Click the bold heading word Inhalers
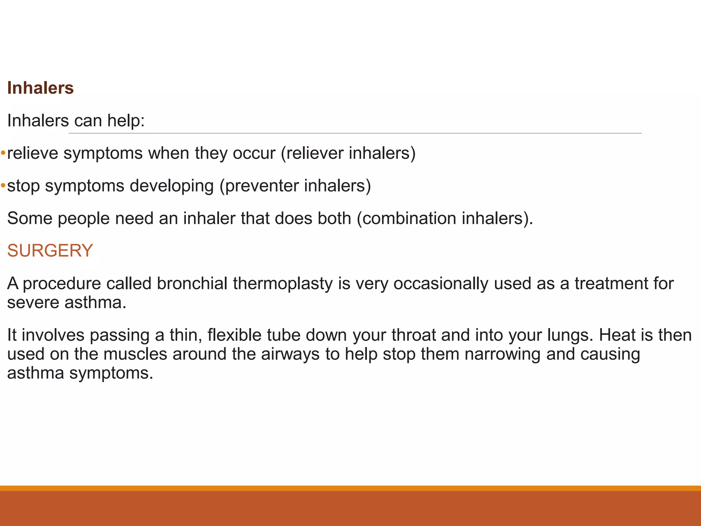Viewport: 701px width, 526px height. pyautogui.click(x=40, y=88)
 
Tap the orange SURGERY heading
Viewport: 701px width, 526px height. pyautogui.click(x=50, y=251)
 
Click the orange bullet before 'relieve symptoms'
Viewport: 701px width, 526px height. pyautogui.click(x=3, y=153)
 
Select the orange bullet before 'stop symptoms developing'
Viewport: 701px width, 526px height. pyautogui.click(x=3, y=186)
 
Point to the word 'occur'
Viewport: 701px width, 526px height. pyautogui.click(x=254, y=153)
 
